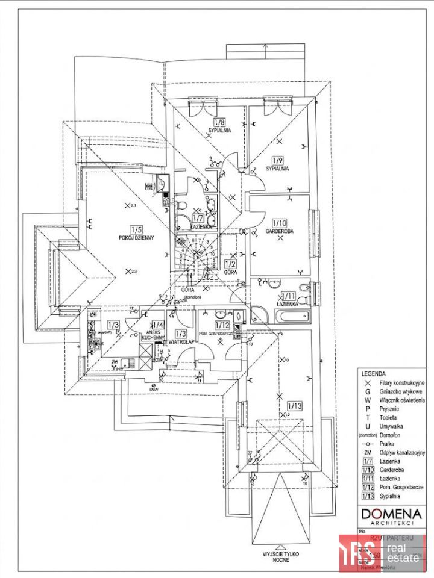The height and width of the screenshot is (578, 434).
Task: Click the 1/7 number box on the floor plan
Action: click(x=197, y=217)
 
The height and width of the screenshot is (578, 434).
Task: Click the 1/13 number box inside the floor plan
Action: click(x=295, y=405)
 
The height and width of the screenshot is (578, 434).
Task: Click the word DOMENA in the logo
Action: click(x=391, y=513)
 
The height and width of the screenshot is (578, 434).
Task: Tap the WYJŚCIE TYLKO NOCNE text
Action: click(x=280, y=555)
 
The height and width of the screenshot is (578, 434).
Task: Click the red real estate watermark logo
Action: click(x=382, y=552)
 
